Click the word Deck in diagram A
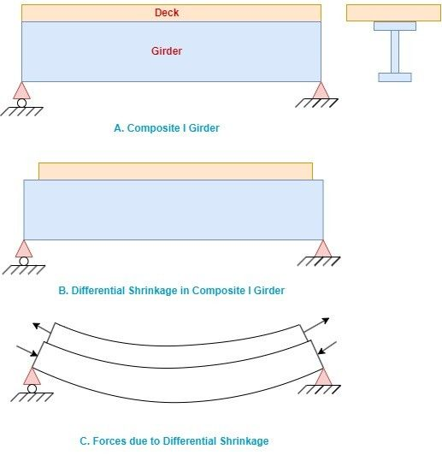[167, 13]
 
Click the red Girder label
[166, 51]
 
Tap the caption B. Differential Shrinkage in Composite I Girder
[171, 291]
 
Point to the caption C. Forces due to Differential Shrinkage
[174, 441]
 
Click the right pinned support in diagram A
[321, 92]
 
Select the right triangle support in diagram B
[322, 250]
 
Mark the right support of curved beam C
[322, 377]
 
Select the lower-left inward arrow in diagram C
[26, 350]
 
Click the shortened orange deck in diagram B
[175, 171]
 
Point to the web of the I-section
[395, 51]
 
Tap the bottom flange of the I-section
[395, 77]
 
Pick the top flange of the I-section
[395, 26]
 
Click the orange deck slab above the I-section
[394, 13]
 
